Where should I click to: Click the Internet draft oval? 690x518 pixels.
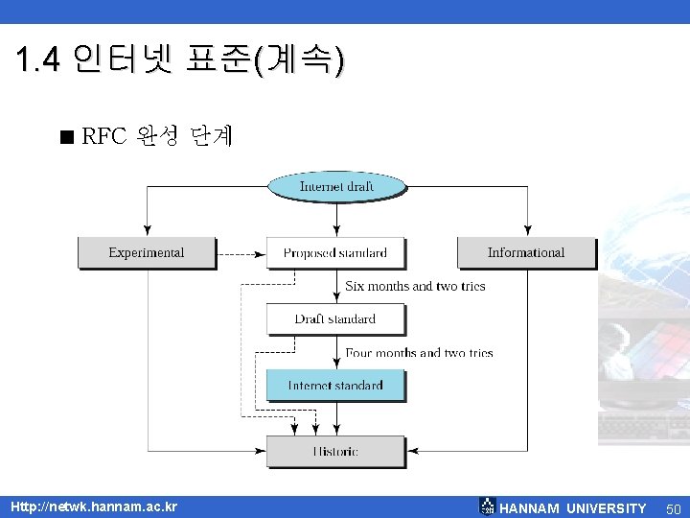click(x=336, y=186)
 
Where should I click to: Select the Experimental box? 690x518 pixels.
click(x=146, y=252)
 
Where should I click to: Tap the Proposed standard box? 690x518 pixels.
click(x=335, y=252)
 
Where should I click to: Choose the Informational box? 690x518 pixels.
click(x=525, y=252)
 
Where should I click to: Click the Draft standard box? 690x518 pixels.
click(x=335, y=318)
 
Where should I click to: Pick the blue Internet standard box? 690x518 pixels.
click(x=335, y=385)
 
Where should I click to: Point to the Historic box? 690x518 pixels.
click(x=335, y=451)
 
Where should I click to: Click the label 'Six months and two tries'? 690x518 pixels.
click(x=415, y=286)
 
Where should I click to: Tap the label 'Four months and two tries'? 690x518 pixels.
click(x=419, y=353)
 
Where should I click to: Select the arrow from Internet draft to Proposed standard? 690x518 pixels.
click(x=336, y=219)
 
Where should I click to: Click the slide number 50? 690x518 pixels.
click(x=673, y=508)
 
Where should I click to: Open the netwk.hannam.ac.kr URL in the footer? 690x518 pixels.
click(x=93, y=506)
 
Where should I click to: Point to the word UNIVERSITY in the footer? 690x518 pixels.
click(x=606, y=508)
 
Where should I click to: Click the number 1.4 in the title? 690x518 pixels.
click(x=38, y=62)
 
